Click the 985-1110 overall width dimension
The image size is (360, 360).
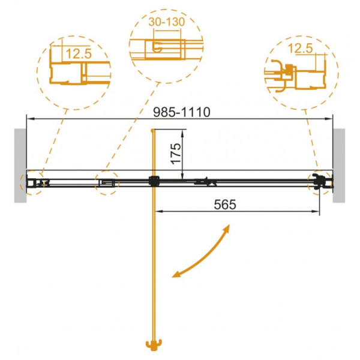point(181,113)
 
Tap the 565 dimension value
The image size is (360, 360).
point(225,205)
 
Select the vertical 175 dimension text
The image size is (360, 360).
point(176,154)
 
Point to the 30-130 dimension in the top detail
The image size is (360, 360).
point(167,22)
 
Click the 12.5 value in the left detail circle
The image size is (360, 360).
point(79,54)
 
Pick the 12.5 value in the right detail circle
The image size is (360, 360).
point(300,49)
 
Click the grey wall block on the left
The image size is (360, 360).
point(20,166)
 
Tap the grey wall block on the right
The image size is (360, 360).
point(339,166)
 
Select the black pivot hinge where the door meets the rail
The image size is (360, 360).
point(154,181)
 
